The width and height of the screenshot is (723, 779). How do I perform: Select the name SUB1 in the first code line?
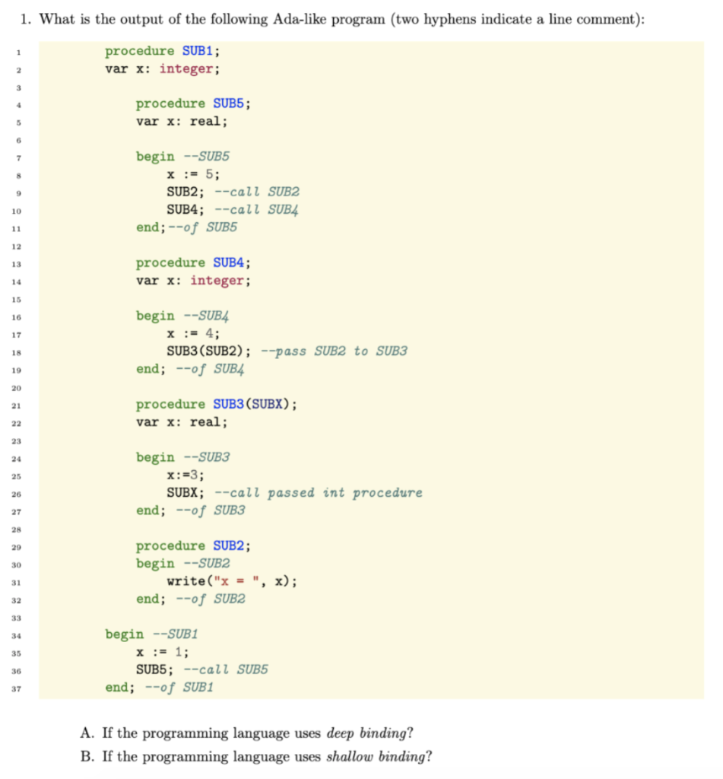pyautogui.click(x=200, y=52)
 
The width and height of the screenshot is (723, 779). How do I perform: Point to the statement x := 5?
pyautogui.click(x=193, y=174)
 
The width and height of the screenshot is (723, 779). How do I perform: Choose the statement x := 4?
pyautogui.click(x=193, y=333)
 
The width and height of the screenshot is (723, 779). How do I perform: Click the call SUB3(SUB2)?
pyautogui.click(x=209, y=351)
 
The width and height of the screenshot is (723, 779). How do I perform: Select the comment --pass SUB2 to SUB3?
pyautogui.click(x=334, y=351)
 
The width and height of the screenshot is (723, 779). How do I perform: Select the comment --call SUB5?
pyautogui.click(x=226, y=669)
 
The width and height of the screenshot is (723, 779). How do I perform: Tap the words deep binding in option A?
pyautogui.click(x=369, y=733)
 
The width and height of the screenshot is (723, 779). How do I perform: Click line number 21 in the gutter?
pyautogui.click(x=14, y=405)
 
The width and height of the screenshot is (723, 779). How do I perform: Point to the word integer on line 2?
pyautogui.click(x=189, y=69)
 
